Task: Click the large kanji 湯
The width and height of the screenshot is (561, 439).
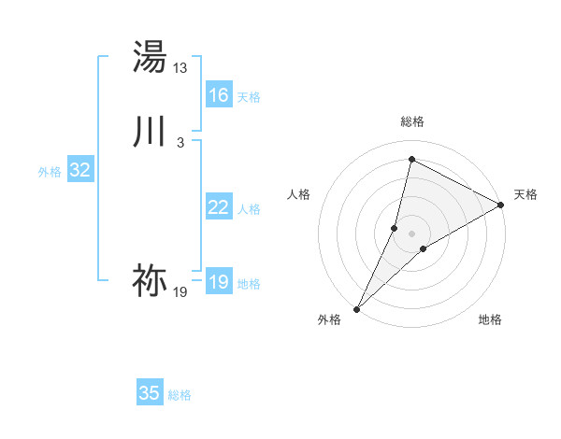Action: [x=150, y=57]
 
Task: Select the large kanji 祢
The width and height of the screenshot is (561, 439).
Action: [x=150, y=279]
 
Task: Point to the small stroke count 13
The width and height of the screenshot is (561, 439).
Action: [x=180, y=68]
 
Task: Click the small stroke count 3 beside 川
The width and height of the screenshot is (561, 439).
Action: [x=180, y=142]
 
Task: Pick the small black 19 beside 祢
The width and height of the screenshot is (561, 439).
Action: [x=180, y=292]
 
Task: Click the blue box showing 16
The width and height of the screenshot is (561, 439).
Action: [x=219, y=95]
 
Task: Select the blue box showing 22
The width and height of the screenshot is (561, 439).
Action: [x=219, y=207]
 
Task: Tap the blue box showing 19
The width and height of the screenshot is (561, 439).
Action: [x=219, y=282]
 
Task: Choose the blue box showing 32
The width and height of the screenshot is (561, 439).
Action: [x=79, y=170]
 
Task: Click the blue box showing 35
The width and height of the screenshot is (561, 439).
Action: [x=150, y=393]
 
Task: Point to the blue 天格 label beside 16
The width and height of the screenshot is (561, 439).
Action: [x=249, y=97]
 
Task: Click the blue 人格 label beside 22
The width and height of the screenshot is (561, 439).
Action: [x=249, y=209]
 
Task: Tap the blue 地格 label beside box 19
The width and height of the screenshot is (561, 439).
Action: [x=249, y=284]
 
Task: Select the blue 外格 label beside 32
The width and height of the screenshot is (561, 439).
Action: [x=50, y=172]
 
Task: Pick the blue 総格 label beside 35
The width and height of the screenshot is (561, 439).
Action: [x=180, y=395]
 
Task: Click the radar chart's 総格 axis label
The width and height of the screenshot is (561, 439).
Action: [x=412, y=121]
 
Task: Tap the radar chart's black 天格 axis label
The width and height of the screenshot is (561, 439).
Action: [x=525, y=194]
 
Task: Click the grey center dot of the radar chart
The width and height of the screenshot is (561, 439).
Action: [x=412, y=233]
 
